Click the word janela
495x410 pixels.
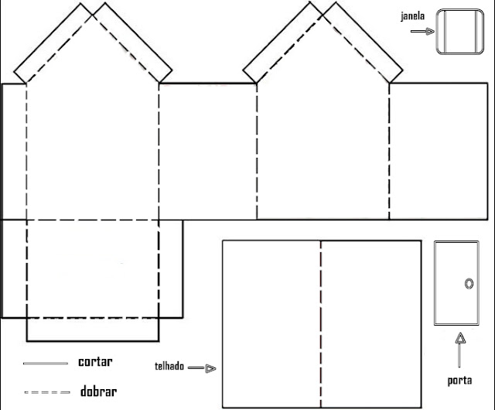pyautogui.click(x=412, y=16)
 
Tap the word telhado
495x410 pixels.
pyautogui.click(x=169, y=367)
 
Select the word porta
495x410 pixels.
pyautogui.click(x=459, y=381)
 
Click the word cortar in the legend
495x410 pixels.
pyautogui.click(x=95, y=362)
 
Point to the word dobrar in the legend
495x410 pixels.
pyautogui.click(x=98, y=391)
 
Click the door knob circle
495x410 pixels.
pyautogui.click(x=469, y=284)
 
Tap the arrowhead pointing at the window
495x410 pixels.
pyautogui.click(x=430, y=31)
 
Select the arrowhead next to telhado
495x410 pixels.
pyautogui.click(x=210, y=368)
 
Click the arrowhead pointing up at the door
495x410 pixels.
pyautogui.click(x=461, y=338)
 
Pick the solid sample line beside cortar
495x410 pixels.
pyautogui.click(x=46, y=364)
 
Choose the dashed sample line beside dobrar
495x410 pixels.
pyautogui.click(x=47, y=393)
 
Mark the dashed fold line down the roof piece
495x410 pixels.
pyautogui.click(x=321, y=324)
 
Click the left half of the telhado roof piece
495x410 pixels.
pyautogui.click(x=271, y=324)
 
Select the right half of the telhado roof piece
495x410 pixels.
pyautogui.click(x=371, y=324)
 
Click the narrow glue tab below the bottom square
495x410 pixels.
pyautogui.click(x=93, y=330)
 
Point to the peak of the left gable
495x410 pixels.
pyautogui.click(x=92, y=15)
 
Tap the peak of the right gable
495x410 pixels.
pyautogui.click(x=323, y=14)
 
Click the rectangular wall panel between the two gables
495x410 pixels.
pyautogui.click(x=208, y=152)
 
